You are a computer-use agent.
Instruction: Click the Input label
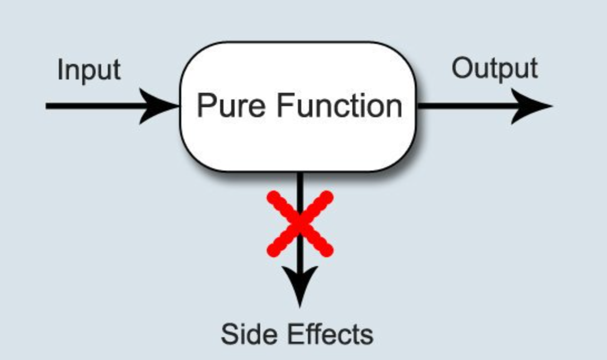click(x=89, y=71)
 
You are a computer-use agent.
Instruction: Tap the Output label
click(x=494, y=69)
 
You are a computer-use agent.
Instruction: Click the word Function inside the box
click(x=340, y=106)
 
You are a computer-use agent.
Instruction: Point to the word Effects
click(x=331, y=334)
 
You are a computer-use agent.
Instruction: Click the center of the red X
click(x=300, y=223)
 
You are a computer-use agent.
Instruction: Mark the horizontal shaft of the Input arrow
click(x=94, y=106)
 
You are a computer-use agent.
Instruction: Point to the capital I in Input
click(x=60, y=70)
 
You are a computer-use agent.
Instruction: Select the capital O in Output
click(x=461, y=68)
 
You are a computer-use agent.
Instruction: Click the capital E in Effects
click(x=295, y=334)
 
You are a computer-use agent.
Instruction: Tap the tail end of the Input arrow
click(x=48, y=106)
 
